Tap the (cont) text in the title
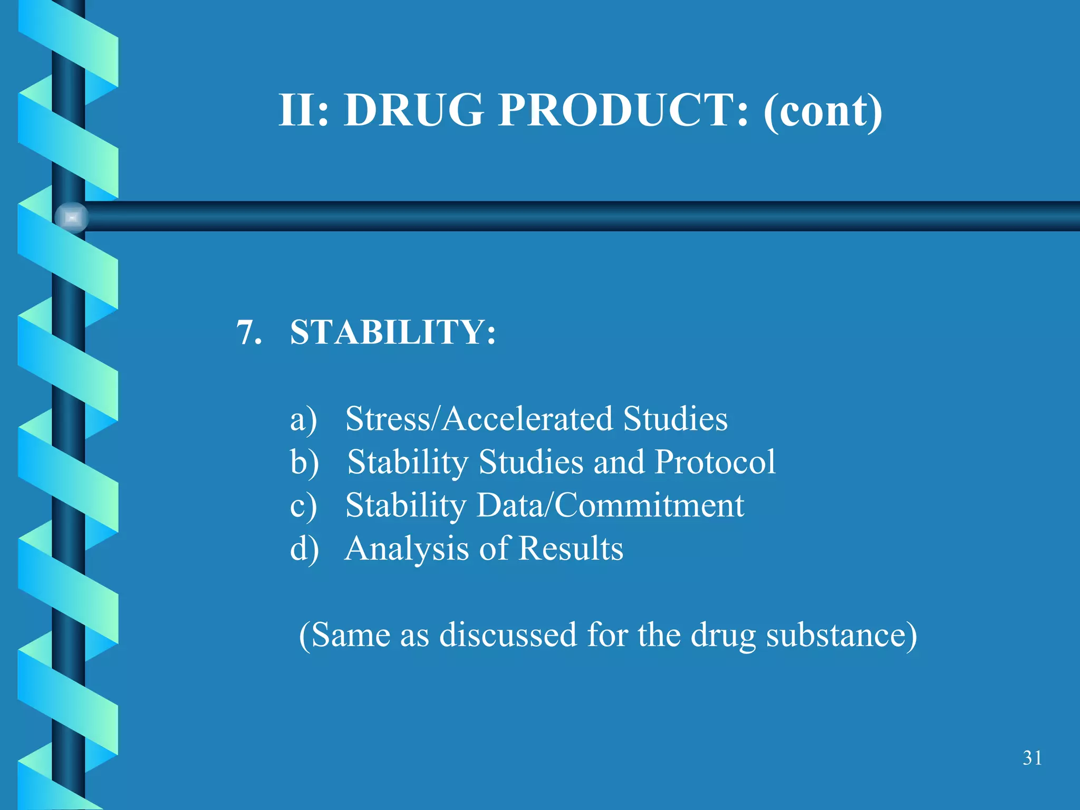coord(823,111)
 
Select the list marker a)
coord(304,420)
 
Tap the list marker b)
coord(304,463)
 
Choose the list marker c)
coord(304,506)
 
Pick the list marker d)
coord(304,549)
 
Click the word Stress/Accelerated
coord(479,419)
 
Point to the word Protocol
coord(715,462)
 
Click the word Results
coord(571,548)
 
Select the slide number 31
coord(1032,758)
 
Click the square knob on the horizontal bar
coord(72,217)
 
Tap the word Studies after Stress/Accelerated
coord(675,419)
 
